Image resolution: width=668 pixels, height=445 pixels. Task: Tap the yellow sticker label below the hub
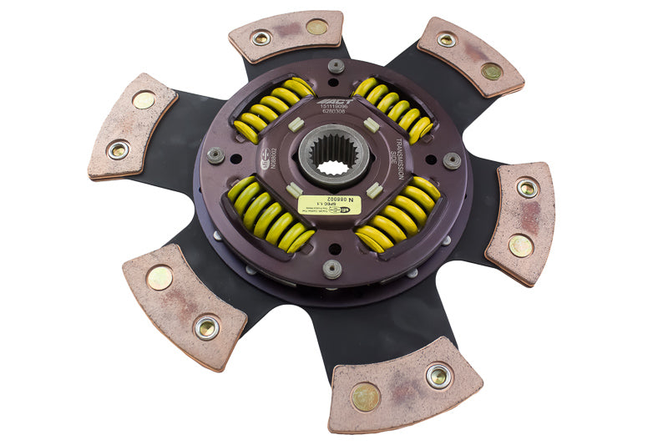(329, 205)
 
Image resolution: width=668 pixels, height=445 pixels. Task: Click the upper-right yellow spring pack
(392, 108)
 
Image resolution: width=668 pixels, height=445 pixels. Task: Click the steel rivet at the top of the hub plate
(336, 66)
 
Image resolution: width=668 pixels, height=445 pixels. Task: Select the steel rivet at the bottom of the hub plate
(332, 268)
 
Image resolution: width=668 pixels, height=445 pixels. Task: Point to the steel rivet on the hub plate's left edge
(215, 155)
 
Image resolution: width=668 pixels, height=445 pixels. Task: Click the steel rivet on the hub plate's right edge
(452, 160)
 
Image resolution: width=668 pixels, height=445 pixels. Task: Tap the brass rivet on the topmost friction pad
(316, 27)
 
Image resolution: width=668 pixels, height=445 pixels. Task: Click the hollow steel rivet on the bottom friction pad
(438, 376)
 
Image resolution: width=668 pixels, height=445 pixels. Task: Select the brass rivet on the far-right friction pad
(520, 245)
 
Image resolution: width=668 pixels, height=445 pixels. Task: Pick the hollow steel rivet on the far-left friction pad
(119, 150)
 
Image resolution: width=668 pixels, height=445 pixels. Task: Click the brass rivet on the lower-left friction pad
(159, 277)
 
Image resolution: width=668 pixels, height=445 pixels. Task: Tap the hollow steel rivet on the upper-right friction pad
(447, 39)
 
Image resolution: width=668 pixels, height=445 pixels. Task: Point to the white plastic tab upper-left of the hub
(295, 124)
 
